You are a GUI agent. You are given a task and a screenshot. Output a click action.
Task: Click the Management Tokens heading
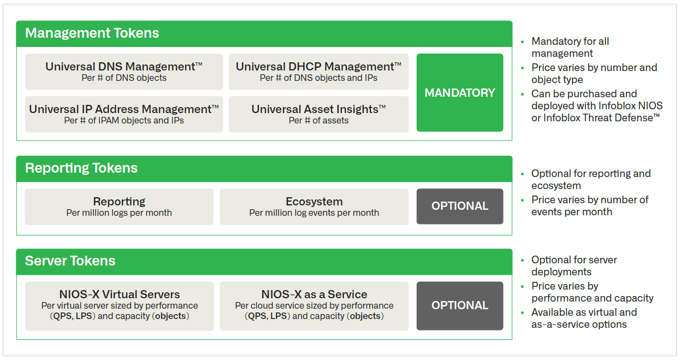click(x=92, y=33)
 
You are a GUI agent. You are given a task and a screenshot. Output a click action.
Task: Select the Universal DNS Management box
click(x=124, y=72)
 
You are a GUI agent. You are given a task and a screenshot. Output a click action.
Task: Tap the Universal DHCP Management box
click(x=318, y=72)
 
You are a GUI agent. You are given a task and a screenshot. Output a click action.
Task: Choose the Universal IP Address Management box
click(x=124, y=114)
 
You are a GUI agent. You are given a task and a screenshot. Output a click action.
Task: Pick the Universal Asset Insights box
click(x=318, y=114)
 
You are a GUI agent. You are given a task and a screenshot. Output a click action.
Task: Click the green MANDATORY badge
click(x=459, y=93)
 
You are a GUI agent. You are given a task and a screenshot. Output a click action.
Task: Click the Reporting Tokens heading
click(x=81, y=168)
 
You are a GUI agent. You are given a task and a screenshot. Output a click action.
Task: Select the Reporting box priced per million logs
click(x=119, y=206)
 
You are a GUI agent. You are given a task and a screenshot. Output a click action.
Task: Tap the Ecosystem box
click(x=314, y=206)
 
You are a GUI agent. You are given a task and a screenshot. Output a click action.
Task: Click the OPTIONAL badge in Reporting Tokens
click(x=459, y=206)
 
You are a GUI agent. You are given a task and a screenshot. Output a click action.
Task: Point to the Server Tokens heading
click(x=70, y=261)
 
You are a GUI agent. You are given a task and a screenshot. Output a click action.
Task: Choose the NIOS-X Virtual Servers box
click(x=120, y=305)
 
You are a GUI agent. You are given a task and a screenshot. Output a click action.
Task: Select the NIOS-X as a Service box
click(x=314, y=305)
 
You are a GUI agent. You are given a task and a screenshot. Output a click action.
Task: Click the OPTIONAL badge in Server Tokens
click(x=459, y=305)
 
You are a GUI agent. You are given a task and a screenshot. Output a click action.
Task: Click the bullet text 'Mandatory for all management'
click(x=570, y=48)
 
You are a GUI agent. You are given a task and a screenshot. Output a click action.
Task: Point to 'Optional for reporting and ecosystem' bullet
click(x=590, y=180)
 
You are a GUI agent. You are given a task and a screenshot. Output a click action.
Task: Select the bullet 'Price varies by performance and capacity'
click(x=592, y=292)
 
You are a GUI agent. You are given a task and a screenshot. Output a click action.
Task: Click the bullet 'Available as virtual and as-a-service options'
click(x=583, y=318)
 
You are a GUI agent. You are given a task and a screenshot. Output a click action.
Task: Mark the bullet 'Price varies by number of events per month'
click(x=589, y=206)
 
